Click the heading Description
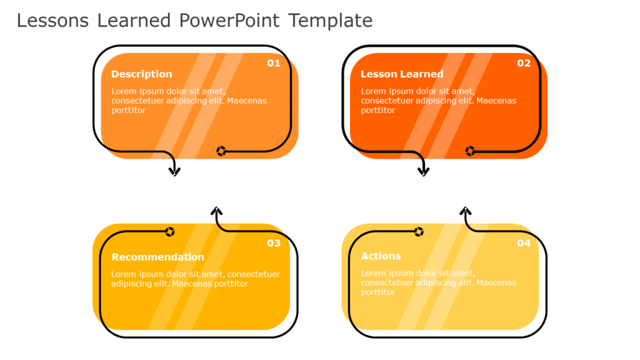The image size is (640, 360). tap(141, 74)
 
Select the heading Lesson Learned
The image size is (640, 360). tap(402, 74)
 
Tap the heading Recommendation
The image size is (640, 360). tap(157, 257)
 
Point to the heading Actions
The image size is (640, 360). tap(381, 256)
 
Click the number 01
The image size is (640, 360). tap(274, 63)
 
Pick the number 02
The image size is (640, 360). tap(524, 63)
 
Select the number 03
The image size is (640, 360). tap(274, 243)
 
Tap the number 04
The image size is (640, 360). tap(524, 243)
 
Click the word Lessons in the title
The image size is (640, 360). tap(53, 21)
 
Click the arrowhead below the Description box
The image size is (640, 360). tap(174, 171)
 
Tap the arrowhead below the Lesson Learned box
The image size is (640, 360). tap(424, 171)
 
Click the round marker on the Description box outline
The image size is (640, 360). tap(221, 151)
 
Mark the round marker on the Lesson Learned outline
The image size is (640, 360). tap(470, 151)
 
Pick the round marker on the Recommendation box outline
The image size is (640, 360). tap(169, 232)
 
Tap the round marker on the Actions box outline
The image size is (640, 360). tap(419, 232)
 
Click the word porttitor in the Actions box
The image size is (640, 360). tap(378, 292)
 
